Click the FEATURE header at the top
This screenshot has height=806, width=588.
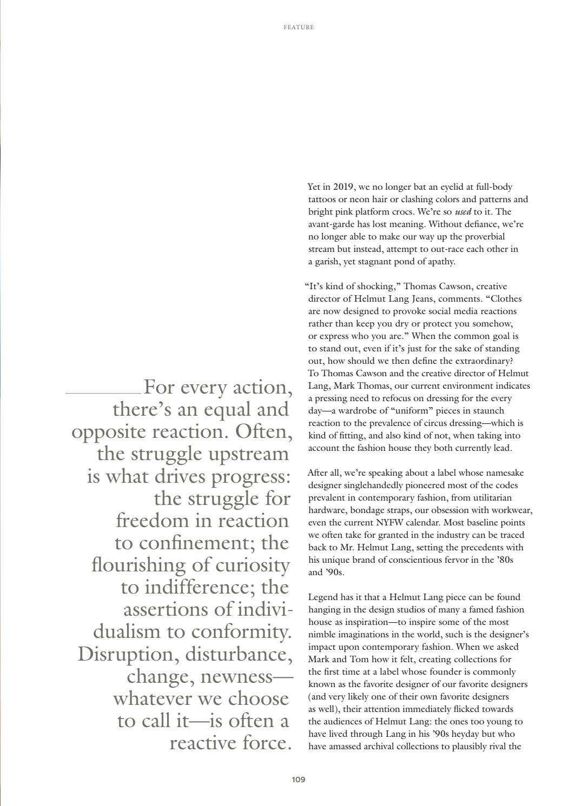[298, 27]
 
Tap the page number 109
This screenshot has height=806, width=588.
[298, 780]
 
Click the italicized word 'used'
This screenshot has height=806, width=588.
[463, 212]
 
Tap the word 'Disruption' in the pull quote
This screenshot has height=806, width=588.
[128, 654]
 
